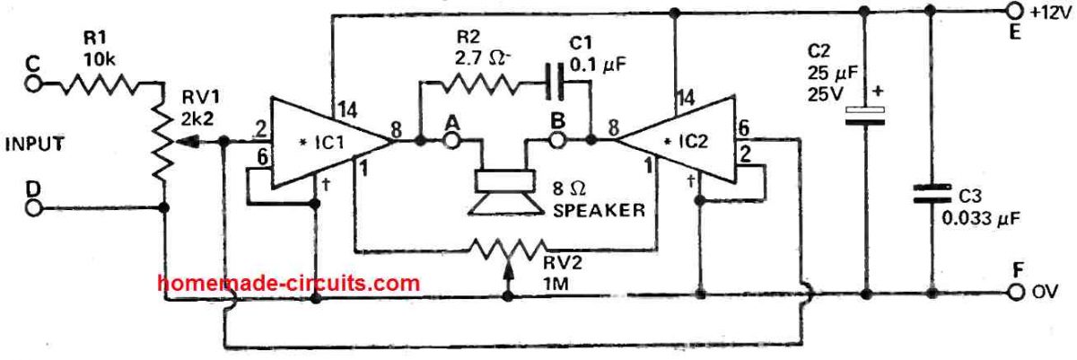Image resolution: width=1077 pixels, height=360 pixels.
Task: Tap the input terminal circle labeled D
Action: (x=35, y=208)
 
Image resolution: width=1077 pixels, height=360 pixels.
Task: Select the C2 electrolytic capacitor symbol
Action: (x=865, y=116)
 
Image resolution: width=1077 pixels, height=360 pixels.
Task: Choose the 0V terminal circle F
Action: (x=1014, y=293)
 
